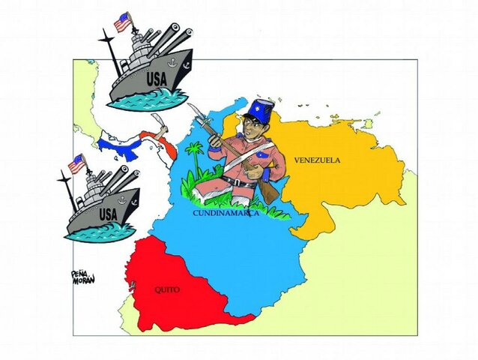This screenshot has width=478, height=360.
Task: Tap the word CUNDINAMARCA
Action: point(226,213)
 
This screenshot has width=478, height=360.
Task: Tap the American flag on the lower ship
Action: point(76,163)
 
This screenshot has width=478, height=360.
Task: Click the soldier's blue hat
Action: point(257,112)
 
